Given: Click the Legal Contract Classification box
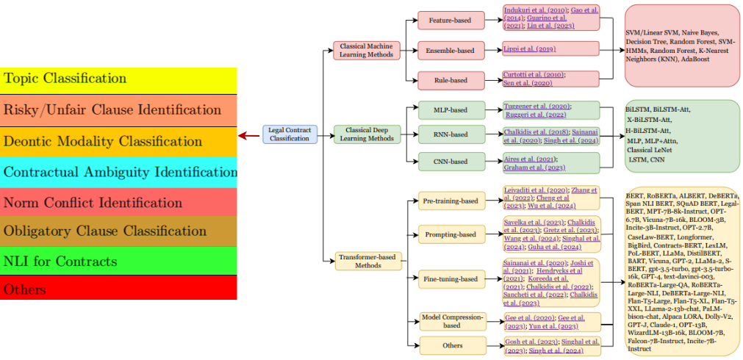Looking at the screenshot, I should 290,134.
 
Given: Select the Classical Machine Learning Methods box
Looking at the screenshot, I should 366,50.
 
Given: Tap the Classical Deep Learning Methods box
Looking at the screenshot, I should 365,134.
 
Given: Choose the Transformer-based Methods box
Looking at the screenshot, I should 366,260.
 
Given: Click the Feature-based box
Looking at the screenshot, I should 451,20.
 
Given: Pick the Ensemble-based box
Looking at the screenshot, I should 451,51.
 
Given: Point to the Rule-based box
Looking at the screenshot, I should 451,79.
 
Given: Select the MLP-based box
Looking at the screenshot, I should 451,110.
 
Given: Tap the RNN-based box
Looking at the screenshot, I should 451,134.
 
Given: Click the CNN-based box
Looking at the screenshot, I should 451,161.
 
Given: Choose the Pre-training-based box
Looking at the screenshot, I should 451,200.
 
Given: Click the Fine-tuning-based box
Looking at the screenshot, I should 451,279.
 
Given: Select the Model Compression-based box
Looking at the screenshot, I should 451,321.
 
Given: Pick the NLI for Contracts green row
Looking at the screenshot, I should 118,262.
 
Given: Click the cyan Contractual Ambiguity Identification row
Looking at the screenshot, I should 118,172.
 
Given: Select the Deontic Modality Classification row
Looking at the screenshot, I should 118,141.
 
